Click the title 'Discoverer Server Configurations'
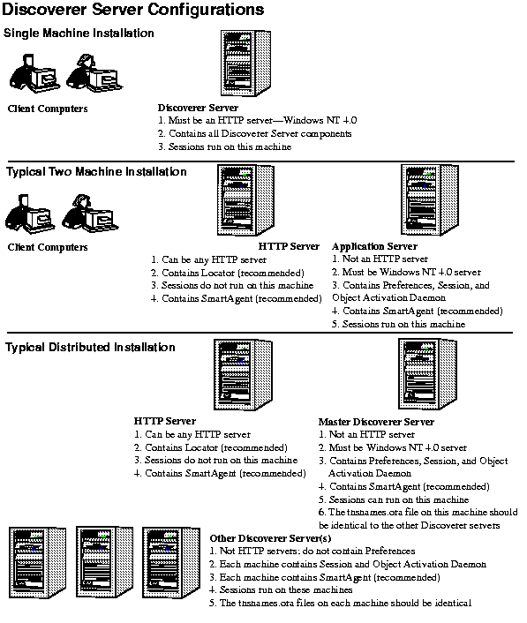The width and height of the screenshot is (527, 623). point(132,9)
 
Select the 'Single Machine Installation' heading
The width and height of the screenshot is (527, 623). point(79,33)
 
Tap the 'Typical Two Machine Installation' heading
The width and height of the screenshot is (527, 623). point(96,172)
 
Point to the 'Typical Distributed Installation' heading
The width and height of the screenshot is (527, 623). point(90,348)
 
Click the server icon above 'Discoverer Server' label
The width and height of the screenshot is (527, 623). point(245,64)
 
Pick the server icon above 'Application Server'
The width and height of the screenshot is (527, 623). point(430,199)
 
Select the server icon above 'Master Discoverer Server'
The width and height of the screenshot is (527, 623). point(427,374)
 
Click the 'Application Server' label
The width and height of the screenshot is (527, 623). point(375,246)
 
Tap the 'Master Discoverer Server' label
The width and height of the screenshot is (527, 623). point(376,422)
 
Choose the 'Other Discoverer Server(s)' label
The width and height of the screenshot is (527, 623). point(270,538)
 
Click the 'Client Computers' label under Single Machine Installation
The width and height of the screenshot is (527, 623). point(48,109)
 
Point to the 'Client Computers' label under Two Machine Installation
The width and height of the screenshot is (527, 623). point(48,247)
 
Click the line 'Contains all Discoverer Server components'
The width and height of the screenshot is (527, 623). point(255,133)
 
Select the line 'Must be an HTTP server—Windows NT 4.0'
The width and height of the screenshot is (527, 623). point(257,120)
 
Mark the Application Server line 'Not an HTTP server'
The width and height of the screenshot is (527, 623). point(380,259)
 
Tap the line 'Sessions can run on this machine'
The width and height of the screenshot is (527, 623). point(394,499)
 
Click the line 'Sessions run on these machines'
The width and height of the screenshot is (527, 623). point(281,589)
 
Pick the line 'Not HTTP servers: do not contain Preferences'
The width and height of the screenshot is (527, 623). point(312,551)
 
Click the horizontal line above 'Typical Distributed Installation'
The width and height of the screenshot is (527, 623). point(260,333)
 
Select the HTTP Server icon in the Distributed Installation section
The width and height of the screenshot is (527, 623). point(244,375)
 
